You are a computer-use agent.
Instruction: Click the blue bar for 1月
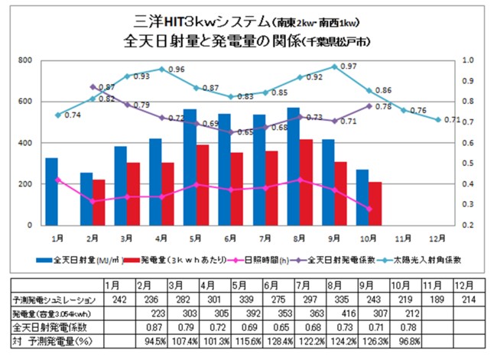51,191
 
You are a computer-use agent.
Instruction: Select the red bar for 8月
306,183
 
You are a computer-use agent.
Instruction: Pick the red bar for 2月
99,203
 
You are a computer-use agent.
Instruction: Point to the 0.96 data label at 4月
177,70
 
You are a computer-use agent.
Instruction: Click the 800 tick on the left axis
25,60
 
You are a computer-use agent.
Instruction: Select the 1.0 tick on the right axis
469,60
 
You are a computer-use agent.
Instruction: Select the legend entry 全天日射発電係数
346,261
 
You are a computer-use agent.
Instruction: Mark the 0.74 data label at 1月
73,115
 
